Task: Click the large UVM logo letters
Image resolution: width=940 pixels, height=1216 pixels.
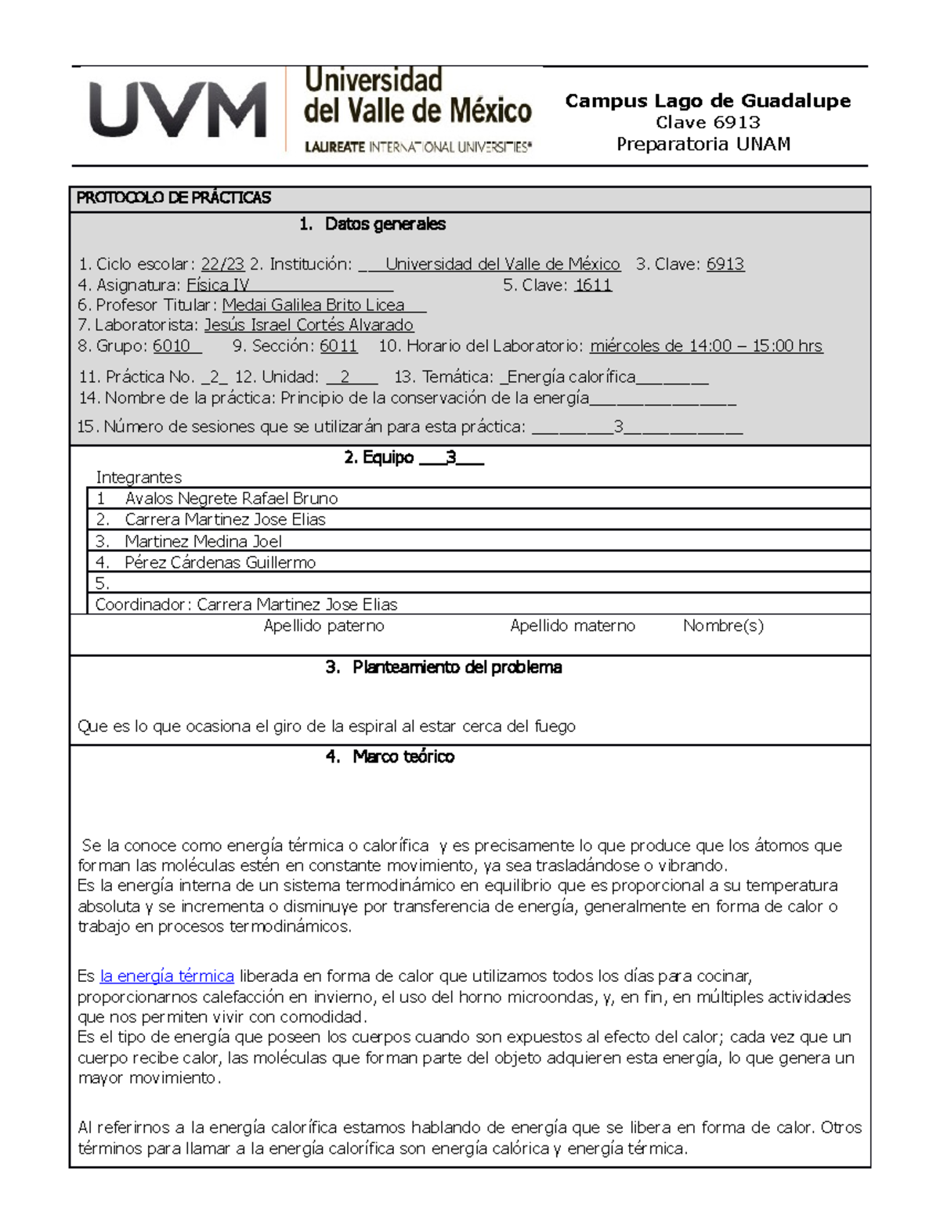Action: coord(178,110)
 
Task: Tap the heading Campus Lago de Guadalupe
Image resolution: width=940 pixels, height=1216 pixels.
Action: coord(707,101)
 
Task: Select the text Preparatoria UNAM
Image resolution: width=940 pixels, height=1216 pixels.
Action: coord(703,144)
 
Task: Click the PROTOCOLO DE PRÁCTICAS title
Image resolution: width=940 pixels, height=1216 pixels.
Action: coord(174,198)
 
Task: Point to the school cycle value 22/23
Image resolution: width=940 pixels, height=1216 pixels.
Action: coord(222,265)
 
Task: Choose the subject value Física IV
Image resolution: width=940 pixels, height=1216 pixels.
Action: coord(218,286)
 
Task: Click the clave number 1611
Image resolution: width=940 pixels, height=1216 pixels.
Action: coord(593,286)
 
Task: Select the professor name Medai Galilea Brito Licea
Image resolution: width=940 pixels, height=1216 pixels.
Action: coord(313,305)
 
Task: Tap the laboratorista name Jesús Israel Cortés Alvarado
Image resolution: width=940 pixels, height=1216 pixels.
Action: coord(309,325)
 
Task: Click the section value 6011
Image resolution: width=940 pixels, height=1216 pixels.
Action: coord(338,346)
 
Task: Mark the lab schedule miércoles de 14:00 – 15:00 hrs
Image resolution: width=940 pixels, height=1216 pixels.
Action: coord(706,346)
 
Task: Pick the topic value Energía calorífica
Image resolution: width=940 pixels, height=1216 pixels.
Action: coord(571,377)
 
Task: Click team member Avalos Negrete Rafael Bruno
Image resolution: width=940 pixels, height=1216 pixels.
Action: coord(231,499)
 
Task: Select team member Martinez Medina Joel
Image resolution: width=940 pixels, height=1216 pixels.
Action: coord(203,542)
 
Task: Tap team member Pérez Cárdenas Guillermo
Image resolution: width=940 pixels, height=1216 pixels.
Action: coord(220,563)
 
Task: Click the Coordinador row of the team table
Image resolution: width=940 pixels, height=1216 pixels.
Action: coord(246,604)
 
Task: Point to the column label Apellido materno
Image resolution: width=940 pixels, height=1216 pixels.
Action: coord(573,626)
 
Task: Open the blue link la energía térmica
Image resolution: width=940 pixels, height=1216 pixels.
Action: coord(167,976)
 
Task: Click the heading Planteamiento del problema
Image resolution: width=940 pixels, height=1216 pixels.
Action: coord(457,668)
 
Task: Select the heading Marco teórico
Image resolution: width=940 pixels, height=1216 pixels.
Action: coord(403,757)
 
